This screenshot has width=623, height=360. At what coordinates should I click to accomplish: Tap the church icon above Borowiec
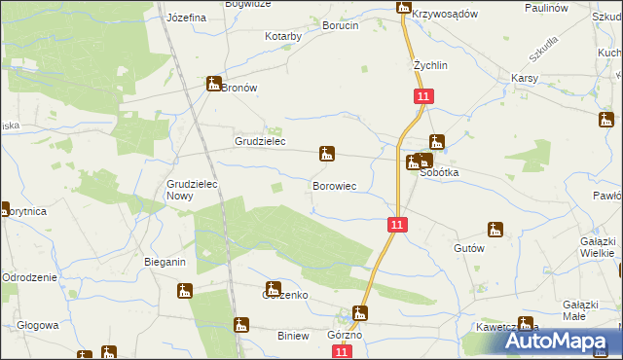pyautogui.click(x=327, y=154)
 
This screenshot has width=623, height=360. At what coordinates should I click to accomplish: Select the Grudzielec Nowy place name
pyautogui.click(x=193, y=189)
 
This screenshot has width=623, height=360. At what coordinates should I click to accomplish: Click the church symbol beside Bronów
pyautogui.click(x=214, y=85)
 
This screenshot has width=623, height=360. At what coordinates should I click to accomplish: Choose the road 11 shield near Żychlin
pyautogui.click(x=422, y=96)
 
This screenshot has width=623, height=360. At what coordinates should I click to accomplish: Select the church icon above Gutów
pyautogui.click(x=495, y=231)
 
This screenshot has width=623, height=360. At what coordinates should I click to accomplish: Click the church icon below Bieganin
pyautogui.click(x=185, y=290)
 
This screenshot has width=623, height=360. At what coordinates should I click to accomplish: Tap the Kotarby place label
pyautogui.click(x=283, y=36)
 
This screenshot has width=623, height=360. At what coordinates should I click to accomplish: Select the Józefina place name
pyautogui.click(x=186, y=18)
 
